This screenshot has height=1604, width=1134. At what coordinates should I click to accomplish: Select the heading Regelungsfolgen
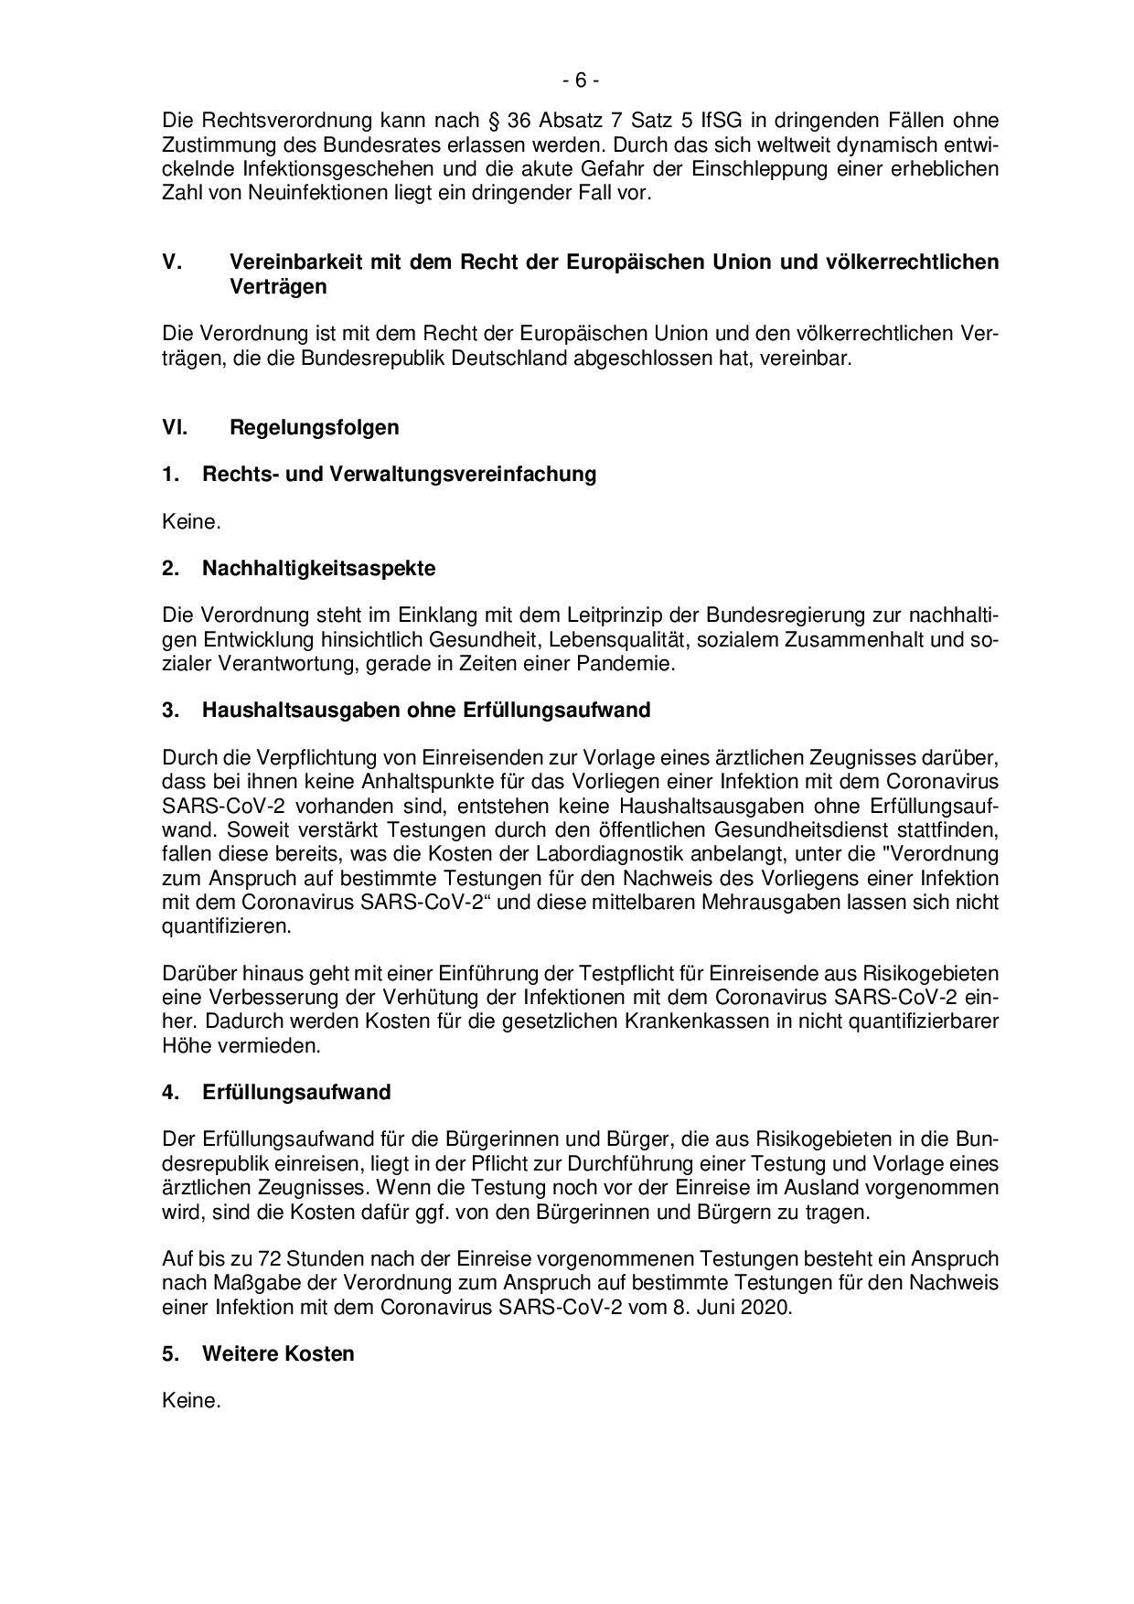314,427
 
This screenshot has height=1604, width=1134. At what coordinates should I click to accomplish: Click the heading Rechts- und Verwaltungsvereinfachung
399,475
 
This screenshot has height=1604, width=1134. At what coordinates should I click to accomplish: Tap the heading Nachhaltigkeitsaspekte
318,569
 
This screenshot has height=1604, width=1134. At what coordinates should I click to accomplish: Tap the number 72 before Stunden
246,1259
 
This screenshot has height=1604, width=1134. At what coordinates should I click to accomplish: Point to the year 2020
766,1308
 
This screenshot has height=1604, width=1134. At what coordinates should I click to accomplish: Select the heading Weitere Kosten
278,1353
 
